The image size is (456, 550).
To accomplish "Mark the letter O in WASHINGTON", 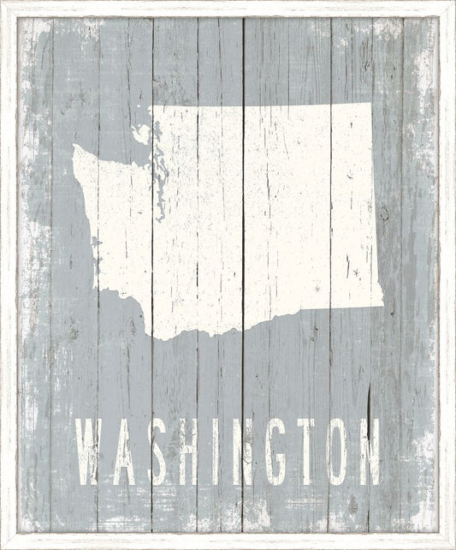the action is [336, 452].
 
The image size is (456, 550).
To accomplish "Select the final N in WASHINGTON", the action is [369, 452].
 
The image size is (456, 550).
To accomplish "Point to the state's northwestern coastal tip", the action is [76, 149].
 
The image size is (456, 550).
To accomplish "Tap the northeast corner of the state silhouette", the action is [370, 105].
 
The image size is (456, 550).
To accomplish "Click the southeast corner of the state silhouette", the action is [382, 304].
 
